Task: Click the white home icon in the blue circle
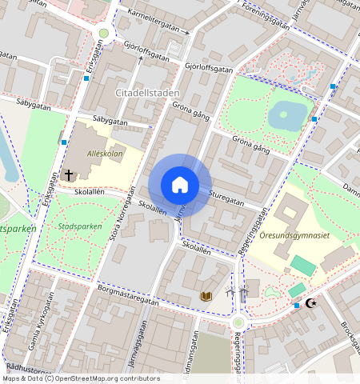180,185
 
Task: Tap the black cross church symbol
69,174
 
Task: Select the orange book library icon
206,296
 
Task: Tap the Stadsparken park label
80,226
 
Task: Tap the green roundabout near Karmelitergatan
102,33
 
